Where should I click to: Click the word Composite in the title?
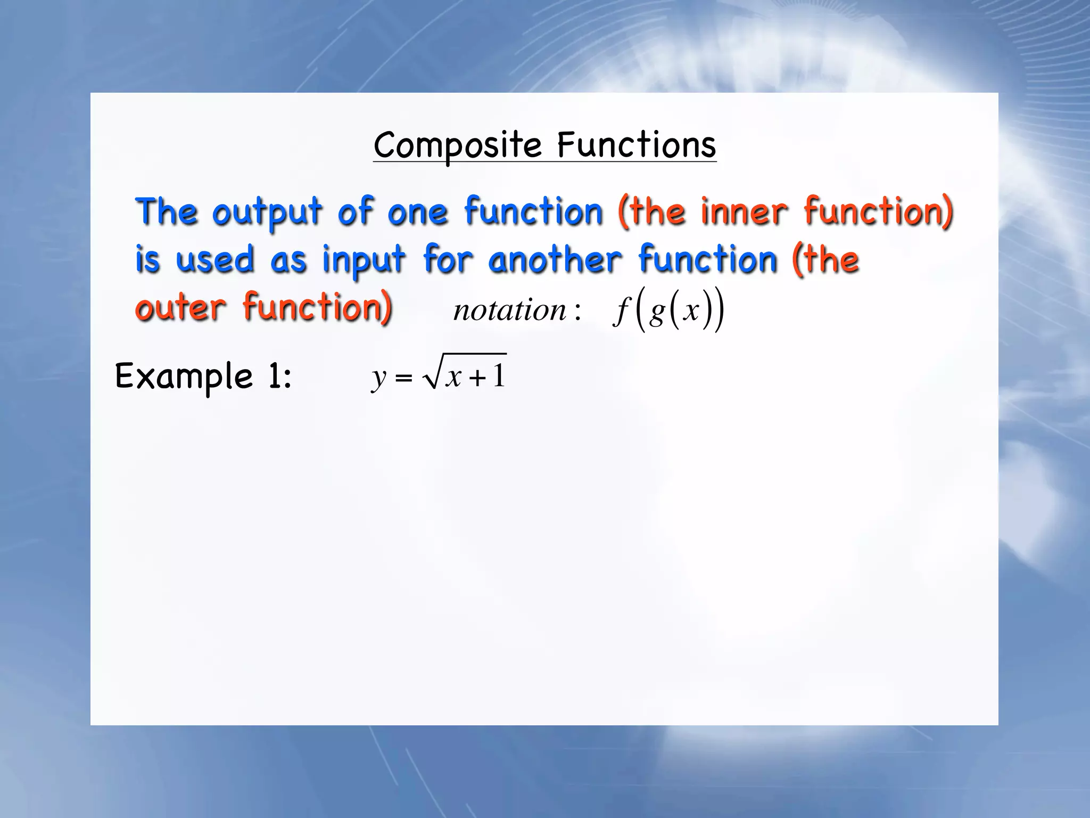[457, 145]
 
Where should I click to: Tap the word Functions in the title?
[637, 145]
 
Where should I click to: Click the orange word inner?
[744, 212]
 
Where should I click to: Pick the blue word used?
[215, 260]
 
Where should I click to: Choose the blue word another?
[555, 260]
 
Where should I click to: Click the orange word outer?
[181, 308]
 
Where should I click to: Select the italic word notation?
[509, 310]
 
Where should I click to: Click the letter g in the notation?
[657, 312]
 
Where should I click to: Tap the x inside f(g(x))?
[691, 310]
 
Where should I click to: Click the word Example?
[184, 377]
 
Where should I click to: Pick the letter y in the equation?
[378, 378]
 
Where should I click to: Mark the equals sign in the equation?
[404, 378]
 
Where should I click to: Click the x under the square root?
[454, 377]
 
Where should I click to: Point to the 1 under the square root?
[498, 375]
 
